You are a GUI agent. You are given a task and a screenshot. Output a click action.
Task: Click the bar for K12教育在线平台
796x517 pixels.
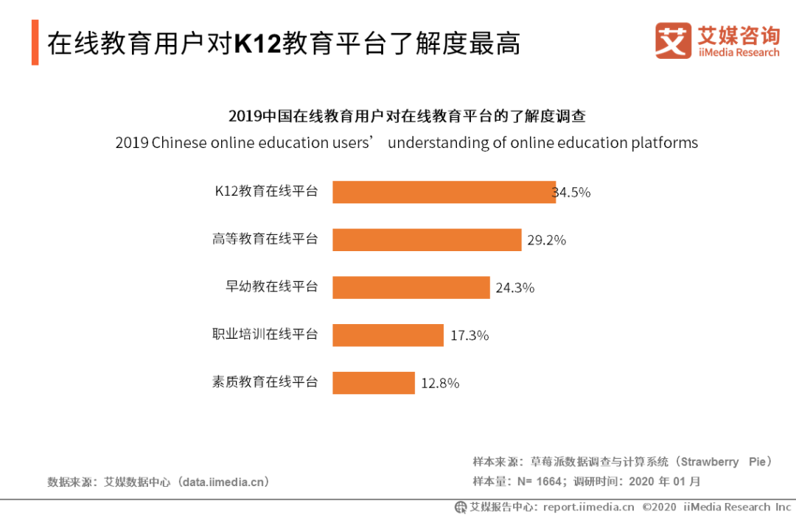click(444, 192)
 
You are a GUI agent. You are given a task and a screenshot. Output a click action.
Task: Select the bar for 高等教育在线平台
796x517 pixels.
click(427, 239)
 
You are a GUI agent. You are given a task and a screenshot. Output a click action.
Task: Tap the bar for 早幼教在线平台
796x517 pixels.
click(411, 287)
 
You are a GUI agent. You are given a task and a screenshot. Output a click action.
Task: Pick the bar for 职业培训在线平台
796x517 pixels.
click(388, 335)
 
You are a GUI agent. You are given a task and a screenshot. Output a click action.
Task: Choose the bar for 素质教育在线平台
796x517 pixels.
click(374, 383)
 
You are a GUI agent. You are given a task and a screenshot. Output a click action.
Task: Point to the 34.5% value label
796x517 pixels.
click(573, 193)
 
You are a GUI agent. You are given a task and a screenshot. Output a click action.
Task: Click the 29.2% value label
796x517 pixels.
click(546, 240)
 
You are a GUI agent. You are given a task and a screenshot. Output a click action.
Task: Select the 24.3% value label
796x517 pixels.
click(514, 288)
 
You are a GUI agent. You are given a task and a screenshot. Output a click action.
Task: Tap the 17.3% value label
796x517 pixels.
click(469, 336)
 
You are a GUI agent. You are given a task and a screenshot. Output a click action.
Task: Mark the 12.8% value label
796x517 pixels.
click(440, 384)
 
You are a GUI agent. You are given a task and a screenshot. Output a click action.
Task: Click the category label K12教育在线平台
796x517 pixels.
click(266, 191)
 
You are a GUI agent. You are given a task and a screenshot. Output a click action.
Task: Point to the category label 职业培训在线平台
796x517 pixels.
click(265, 334)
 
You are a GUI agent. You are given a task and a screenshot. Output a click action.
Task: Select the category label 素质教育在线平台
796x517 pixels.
click(265, 382)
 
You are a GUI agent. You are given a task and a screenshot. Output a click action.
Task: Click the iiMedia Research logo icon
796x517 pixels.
click(673, 41)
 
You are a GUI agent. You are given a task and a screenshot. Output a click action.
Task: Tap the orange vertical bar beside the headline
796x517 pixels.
click(35, 43)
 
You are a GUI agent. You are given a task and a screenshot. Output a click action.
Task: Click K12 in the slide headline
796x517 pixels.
click(259, 44)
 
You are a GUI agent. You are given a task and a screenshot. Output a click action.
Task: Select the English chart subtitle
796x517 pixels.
click(406, 143)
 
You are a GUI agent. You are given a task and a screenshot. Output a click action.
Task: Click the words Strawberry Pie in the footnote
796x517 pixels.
click(725, 462)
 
